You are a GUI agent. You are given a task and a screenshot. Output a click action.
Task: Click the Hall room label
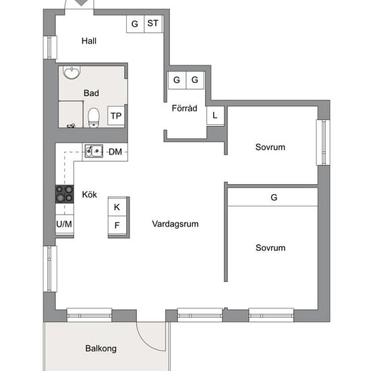pos(89,41)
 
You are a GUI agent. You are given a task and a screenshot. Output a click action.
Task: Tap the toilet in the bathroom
pos(94,117)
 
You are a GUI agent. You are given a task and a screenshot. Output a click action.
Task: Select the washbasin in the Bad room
pos(72,72)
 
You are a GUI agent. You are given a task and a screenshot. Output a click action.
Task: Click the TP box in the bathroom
pos(116,115)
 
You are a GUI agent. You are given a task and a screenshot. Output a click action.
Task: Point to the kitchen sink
pos(94,151)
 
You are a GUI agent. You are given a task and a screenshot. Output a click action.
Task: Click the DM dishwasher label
pos(115,152)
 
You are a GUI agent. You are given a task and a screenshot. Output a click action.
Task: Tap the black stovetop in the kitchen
pos(64,194)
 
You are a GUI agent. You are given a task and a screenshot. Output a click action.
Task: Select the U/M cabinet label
pos(64,224)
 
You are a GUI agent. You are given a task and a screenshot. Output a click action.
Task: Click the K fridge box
pos(117,207)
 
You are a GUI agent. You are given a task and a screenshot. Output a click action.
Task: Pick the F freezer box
pos(117,225)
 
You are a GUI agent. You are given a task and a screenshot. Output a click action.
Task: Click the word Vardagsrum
pos(175,224)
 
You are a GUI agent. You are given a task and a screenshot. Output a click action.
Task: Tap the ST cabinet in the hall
pos(153,24)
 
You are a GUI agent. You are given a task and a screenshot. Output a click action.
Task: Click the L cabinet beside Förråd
pos(215,115)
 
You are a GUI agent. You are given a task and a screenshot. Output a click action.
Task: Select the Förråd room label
pos(185,109)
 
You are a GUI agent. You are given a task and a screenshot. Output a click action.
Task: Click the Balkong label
pos(101,349)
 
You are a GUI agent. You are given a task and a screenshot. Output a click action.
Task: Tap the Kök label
pos(90,194)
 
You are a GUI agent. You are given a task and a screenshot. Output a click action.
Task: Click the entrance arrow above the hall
pos(81,3)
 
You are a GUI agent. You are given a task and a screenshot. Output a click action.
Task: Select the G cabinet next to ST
pos(135,24)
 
